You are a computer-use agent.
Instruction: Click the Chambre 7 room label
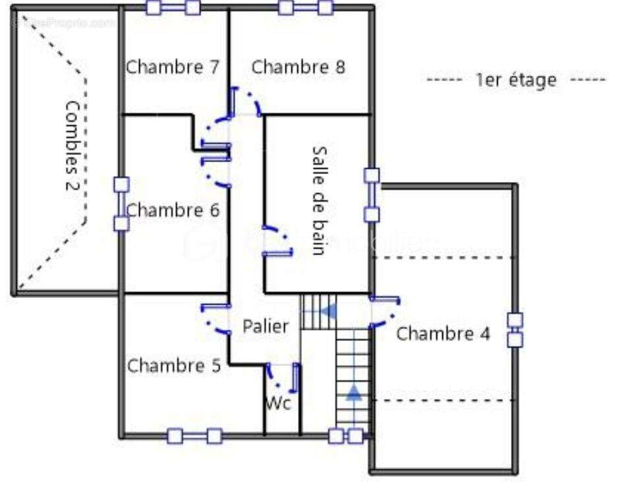[172, 67]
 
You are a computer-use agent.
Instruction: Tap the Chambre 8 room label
[299, 67]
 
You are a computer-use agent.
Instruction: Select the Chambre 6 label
[173, 211]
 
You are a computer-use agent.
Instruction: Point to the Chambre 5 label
[174, 366]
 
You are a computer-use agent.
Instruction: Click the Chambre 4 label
[443, 334]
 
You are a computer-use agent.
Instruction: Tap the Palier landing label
[266, 326]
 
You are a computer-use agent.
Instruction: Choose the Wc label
[278, 404]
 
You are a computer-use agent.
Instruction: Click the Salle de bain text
[320, 200]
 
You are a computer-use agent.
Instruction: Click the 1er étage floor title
[516, 80]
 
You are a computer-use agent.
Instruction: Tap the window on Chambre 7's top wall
[173, 7]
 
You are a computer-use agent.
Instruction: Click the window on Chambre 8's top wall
[305, 7]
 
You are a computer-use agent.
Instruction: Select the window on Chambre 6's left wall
[121, 204]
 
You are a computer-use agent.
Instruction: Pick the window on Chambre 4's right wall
[515, 330]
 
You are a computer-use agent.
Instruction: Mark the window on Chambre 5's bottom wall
[194, 436]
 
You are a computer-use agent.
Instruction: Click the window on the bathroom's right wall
[372, 195]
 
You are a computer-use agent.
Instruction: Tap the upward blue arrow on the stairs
[354, 393]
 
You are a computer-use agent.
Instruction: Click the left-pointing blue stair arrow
[329, 310]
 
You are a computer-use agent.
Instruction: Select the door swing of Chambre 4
[386, 312]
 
